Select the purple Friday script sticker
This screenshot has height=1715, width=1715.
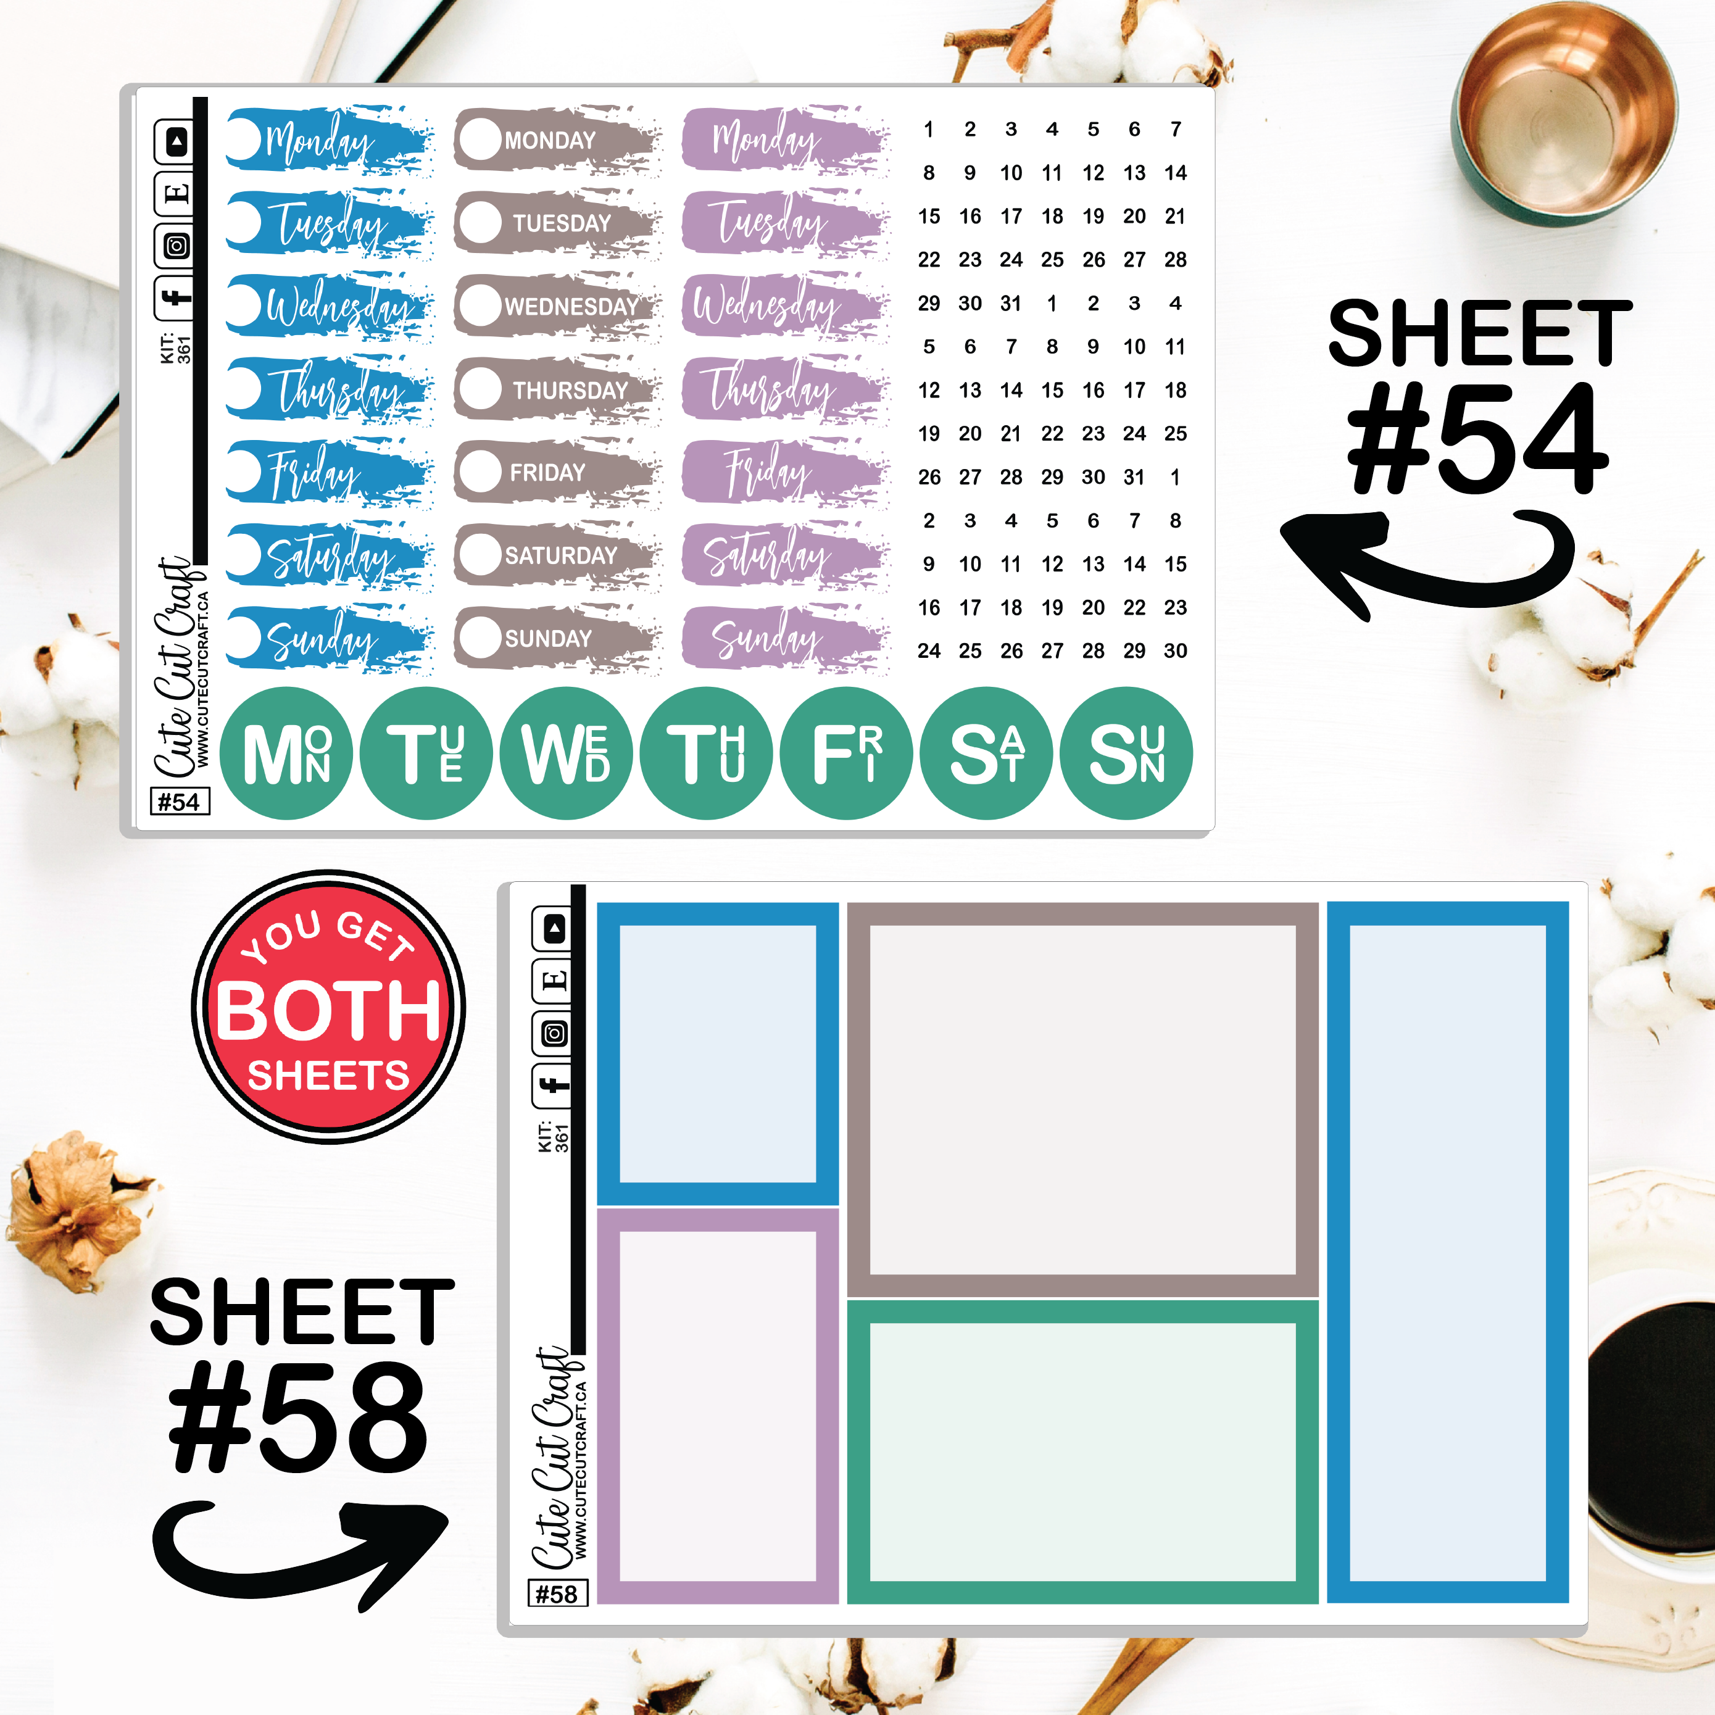click(x=785, y=471)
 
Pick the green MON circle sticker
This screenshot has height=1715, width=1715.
click(x=286, y=753)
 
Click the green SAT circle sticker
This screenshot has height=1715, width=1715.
click(x=986, y=753)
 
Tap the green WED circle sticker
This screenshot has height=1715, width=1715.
click(x=565, y=753)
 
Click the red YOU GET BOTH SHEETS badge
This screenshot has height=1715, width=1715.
click(x=328, y=1006)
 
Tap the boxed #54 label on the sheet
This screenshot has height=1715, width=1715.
click(x=180, y=802)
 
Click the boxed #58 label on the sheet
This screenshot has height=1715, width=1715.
click(x=557, y=1593)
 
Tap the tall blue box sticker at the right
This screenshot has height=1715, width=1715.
click(x=1447, y=1253)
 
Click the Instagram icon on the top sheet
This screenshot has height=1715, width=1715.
click(x=176, y=246)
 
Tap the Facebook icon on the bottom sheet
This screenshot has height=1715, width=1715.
click(x=552, y=1085)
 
